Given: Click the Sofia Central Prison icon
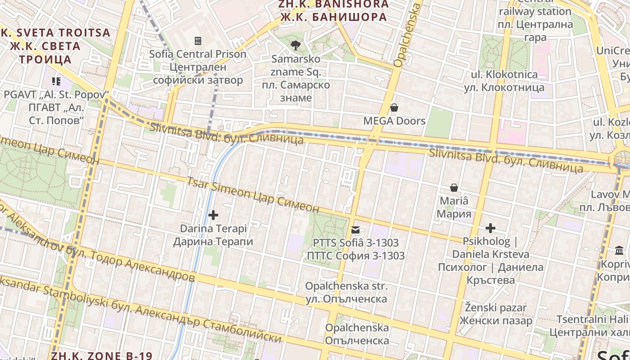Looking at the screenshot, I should click(x=198, y=41).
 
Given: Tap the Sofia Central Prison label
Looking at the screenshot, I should click(x=198, y=67).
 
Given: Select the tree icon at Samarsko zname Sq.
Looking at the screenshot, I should click(x=296, y=45).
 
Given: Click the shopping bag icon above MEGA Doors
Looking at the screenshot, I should click(x=394, y=108).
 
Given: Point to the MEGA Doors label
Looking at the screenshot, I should click(x=394, y=121).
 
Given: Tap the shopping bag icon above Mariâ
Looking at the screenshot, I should click(x=454, y=187).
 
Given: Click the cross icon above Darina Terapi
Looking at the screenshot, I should click(x=213, y=215).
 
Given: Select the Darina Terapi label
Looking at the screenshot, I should click(x=213, y=235).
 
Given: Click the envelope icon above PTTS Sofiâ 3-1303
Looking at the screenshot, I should click(x=356, y=230).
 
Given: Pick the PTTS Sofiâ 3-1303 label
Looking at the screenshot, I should click(x=355, y=249).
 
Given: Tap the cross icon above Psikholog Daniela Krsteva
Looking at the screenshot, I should click(x=490, y=228).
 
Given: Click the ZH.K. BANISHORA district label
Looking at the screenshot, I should click(x=333, y=11).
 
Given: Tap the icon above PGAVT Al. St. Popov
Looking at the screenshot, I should click(x=56, y=81).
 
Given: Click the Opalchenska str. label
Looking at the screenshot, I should click(x=346, y=292).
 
